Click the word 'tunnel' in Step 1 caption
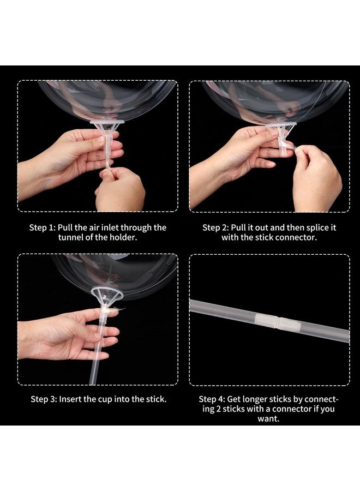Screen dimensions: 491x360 pos(73,237)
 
